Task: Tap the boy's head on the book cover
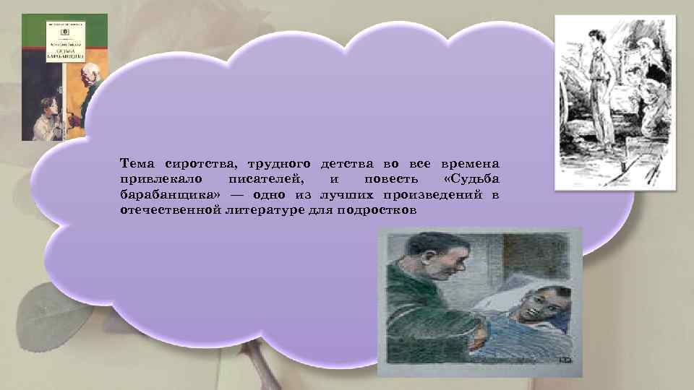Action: coord(48,107)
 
